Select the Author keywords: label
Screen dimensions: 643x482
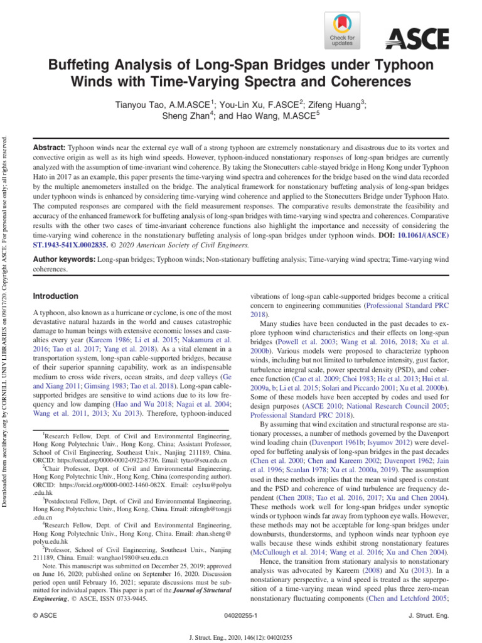coord(63,259)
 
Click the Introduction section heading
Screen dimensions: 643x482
coord(55,296)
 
